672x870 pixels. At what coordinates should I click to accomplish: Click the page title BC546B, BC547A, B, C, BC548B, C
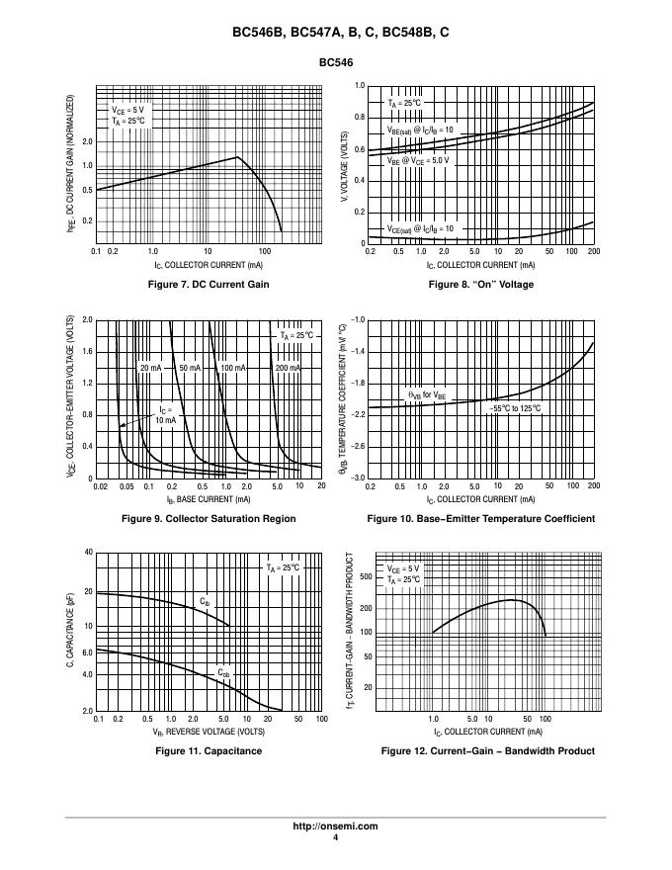coord(335,33)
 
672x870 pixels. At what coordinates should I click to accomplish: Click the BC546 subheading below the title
coord(335,62)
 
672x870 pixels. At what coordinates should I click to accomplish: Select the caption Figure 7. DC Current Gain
coord(208,285)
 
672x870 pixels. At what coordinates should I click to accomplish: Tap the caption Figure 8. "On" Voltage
coord(480,285)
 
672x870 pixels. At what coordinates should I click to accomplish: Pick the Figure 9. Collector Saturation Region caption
coord(208,518)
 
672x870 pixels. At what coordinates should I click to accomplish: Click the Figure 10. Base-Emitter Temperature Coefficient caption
coord(480,518)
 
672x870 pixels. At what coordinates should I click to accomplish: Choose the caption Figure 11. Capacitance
coord(208,751)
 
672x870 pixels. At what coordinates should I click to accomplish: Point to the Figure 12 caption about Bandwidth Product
coord(487,751)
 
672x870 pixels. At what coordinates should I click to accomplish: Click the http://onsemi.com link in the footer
coord(335,826)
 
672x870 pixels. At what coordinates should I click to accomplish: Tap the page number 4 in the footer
coord(335,838)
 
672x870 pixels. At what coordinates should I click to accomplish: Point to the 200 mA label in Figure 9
coord(288,368)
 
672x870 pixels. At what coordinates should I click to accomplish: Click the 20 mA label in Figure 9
coord(149,368)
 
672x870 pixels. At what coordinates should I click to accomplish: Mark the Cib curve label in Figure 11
coord(205,601)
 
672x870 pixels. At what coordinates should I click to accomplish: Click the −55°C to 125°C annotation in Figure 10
coord(515,407)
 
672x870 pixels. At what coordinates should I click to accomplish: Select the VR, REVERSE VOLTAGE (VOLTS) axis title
coord(208,732)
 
